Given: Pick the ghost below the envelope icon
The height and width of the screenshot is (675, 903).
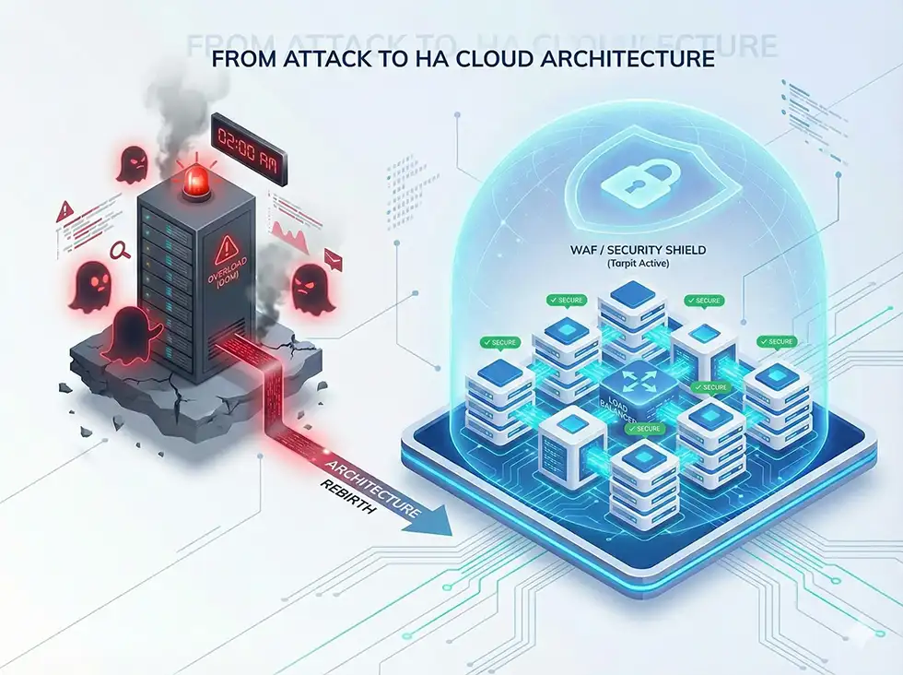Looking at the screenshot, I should [x=311, y=288].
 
